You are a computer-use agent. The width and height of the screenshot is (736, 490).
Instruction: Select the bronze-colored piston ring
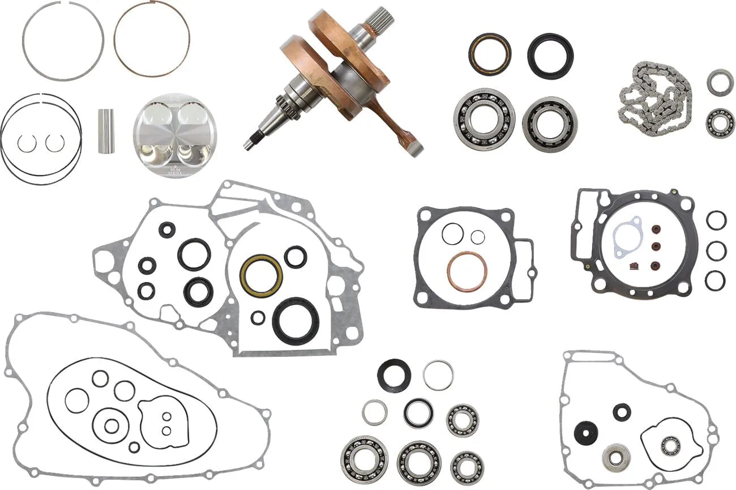tap(152, 39)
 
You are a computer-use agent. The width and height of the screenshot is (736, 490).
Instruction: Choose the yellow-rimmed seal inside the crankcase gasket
tap(261, 275)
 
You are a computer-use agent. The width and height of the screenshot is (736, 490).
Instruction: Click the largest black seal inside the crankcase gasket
tap(296, 321)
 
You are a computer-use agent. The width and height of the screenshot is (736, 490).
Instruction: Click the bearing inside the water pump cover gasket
tap(670, 446)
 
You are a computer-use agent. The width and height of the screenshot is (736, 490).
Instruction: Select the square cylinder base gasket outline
tap(473, 258)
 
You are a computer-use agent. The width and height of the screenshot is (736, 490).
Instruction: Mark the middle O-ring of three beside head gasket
tap(716, 250)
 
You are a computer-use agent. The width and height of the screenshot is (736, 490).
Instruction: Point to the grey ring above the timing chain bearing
tap(720, 83)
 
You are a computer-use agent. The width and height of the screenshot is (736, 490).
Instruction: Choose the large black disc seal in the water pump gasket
tap(585, 433)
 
